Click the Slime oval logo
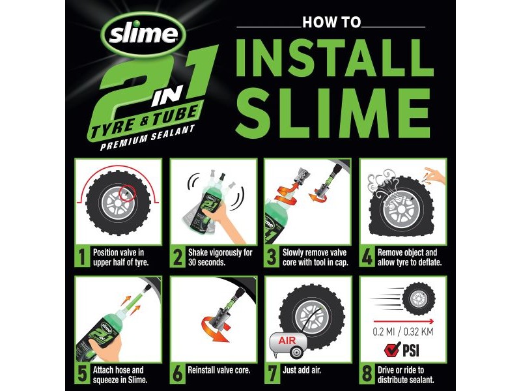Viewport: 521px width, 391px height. [143, 35]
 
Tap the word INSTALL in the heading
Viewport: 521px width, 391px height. [335, 59]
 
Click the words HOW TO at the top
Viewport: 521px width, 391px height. [331, 22]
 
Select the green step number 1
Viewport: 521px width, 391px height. [82, 257]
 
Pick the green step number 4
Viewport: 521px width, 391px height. [367, 257]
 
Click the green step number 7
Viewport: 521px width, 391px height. [272, 373]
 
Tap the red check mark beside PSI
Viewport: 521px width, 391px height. [392, 350]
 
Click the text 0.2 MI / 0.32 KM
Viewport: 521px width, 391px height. [403, 332]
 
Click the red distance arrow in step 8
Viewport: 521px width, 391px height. [404, 321]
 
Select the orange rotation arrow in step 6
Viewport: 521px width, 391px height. [216, 328]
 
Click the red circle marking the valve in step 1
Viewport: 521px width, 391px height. [128, 193]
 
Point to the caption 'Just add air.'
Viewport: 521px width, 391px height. [302, 370]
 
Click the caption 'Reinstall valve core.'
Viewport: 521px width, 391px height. [219, 370]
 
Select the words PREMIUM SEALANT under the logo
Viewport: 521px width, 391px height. [147, 138]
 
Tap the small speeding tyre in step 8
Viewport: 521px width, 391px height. [419, 298]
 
